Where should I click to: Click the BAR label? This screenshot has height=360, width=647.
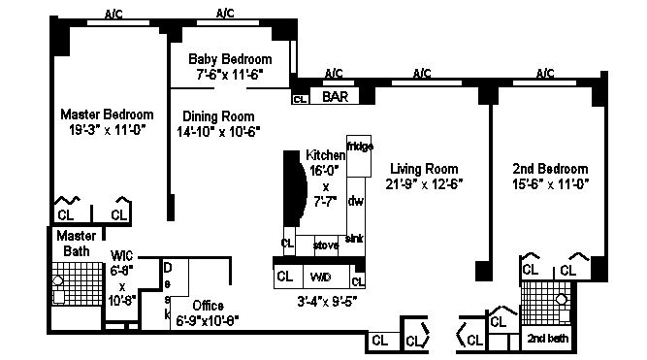coord(335,97)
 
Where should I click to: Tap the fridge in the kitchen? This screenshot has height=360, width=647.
coord(359,156)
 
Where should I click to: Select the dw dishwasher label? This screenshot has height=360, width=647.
coord(355,201)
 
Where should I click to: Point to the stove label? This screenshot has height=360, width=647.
coord(326,245)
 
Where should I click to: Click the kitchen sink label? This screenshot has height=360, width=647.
coord(354,239)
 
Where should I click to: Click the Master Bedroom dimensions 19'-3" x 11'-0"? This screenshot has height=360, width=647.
coord(108,130)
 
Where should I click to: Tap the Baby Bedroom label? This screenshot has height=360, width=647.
coord(230,59)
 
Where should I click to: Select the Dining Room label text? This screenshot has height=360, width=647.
coord(218,116)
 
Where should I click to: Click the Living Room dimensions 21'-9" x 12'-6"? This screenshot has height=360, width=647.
coord(424,183)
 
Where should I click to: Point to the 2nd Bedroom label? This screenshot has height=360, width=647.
coord(550,169)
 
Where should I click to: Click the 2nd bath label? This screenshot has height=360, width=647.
coord(547,339)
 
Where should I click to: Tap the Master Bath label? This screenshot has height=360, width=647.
coord(77,244)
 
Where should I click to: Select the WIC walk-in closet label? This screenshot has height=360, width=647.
coord(121,256)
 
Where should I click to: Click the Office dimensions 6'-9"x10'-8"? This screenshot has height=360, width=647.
coord(208,320)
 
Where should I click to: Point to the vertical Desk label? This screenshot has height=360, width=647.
coord(167,291)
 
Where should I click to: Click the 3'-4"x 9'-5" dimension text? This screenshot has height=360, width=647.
coord(327,302)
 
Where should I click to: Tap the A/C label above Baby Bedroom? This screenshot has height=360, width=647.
coord(225,14)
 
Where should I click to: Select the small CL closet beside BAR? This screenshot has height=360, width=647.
coord(300,100)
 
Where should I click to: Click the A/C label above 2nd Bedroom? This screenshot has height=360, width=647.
coord(545,74)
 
